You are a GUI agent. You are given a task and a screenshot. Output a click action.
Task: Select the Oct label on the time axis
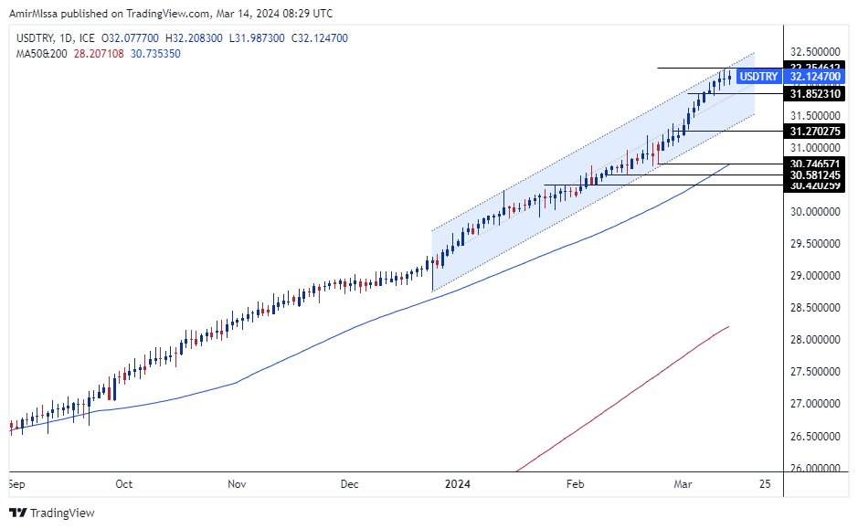click(x=124, y=483)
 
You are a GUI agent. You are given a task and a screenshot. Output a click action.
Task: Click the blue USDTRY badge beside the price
click(x=757, y=78)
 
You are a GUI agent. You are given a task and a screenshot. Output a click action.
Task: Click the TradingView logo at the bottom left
click(x=53, y=513)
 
